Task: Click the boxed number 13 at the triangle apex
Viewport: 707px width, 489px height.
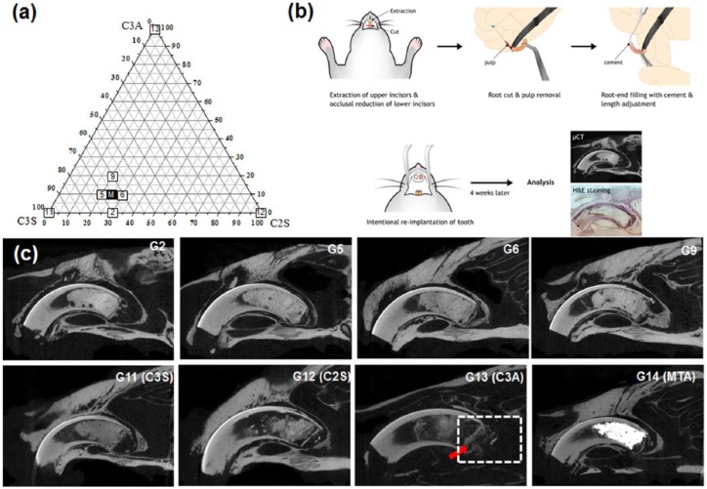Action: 155,28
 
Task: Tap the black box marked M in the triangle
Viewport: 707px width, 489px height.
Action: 112,195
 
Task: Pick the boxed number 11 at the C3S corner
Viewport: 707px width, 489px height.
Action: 50,213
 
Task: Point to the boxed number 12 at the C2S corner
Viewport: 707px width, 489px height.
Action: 261,213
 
